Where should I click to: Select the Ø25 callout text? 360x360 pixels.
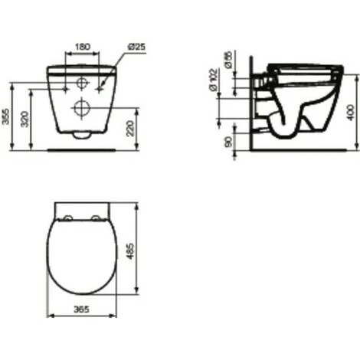click(x=136, y=47)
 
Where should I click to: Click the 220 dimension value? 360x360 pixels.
click(x=136, y=127)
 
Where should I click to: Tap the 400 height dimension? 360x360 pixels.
click(x=352, y=113)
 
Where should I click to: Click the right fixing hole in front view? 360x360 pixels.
click(x=101, y=82)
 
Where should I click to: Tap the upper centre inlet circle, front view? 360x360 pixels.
click(x=83, y=83)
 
